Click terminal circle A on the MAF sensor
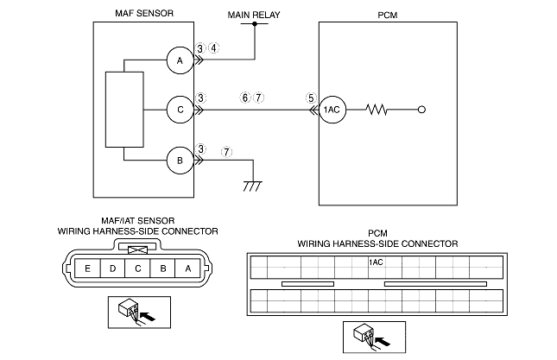(180, 60)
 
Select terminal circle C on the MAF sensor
(180, 110)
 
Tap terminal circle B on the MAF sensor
(180, 161)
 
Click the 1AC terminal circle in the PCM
(332, 110)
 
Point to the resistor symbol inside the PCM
(377, 110)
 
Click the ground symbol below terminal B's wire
(253, 186)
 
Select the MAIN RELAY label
(254, 15)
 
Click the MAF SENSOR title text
(144, 14)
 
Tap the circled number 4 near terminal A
(214, 48)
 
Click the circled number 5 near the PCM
(311, 98)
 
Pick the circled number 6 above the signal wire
(245, 98)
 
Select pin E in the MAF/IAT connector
(88, 268)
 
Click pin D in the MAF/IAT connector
(112, 268)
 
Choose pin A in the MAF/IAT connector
(188, 268)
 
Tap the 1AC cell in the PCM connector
(377, 262)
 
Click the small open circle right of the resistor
(421, 110)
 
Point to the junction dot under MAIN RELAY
(255, 24)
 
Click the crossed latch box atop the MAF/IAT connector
(137, 250)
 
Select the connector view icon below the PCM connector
(375, 338)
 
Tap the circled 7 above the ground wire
(226, 152)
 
